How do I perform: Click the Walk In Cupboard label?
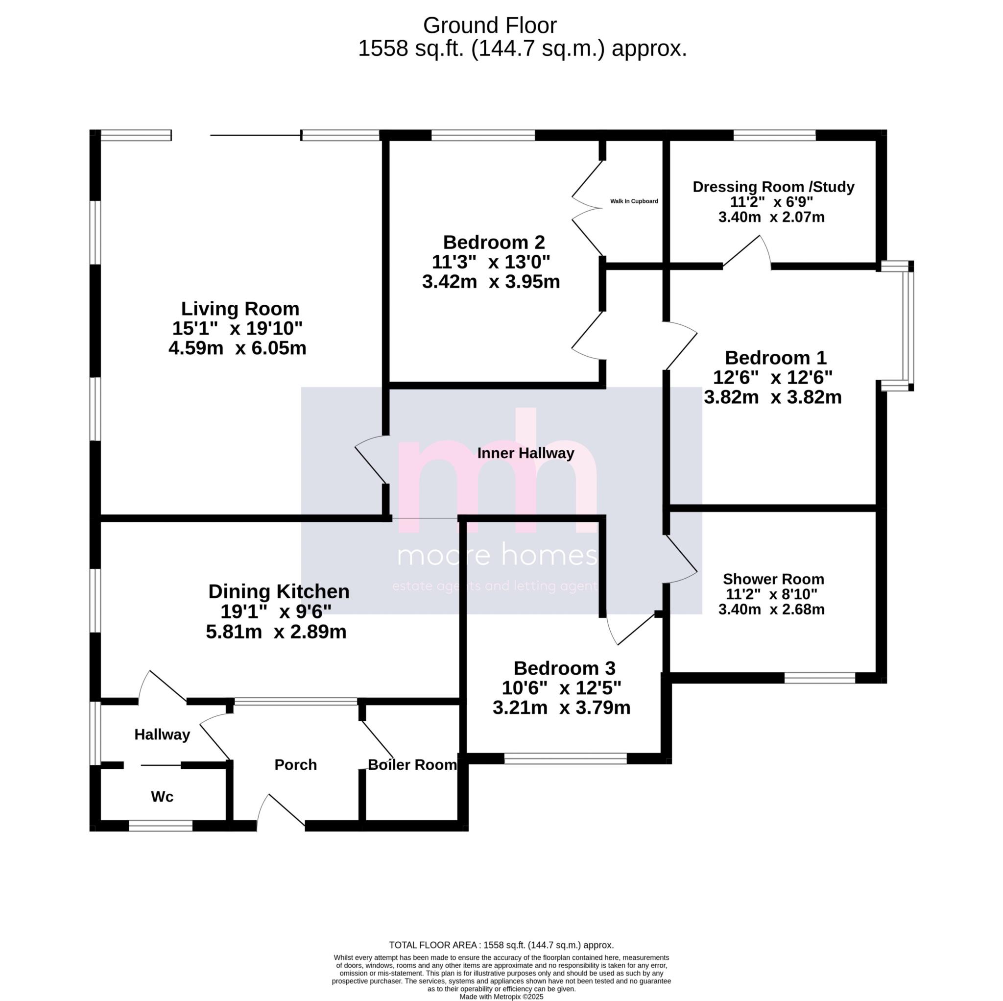click(x=633, y=201)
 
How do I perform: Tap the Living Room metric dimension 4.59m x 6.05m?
click(x=237, y=348)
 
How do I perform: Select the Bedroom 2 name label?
click(x=494, y=242)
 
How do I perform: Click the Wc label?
click(x=162, y=796)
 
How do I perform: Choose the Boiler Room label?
click(x=412, y=765)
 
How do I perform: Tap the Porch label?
click(x=295, y=765)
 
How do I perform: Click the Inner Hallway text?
click(x=525, y=453)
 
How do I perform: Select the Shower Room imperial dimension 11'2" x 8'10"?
click(x=771, y=594)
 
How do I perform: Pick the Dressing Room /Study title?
click(x=773, y=187)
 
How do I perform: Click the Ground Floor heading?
click(x=490, y=25)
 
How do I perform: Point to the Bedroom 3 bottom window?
click(x=565, y=759)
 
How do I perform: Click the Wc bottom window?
click(x=161, y=826)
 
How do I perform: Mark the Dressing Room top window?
click(x=774, y=136)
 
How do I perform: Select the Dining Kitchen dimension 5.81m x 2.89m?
click(x=276, y=632)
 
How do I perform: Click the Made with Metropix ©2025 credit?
click(x=501, y=996)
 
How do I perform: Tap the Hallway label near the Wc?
click(x=162, y=734)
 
